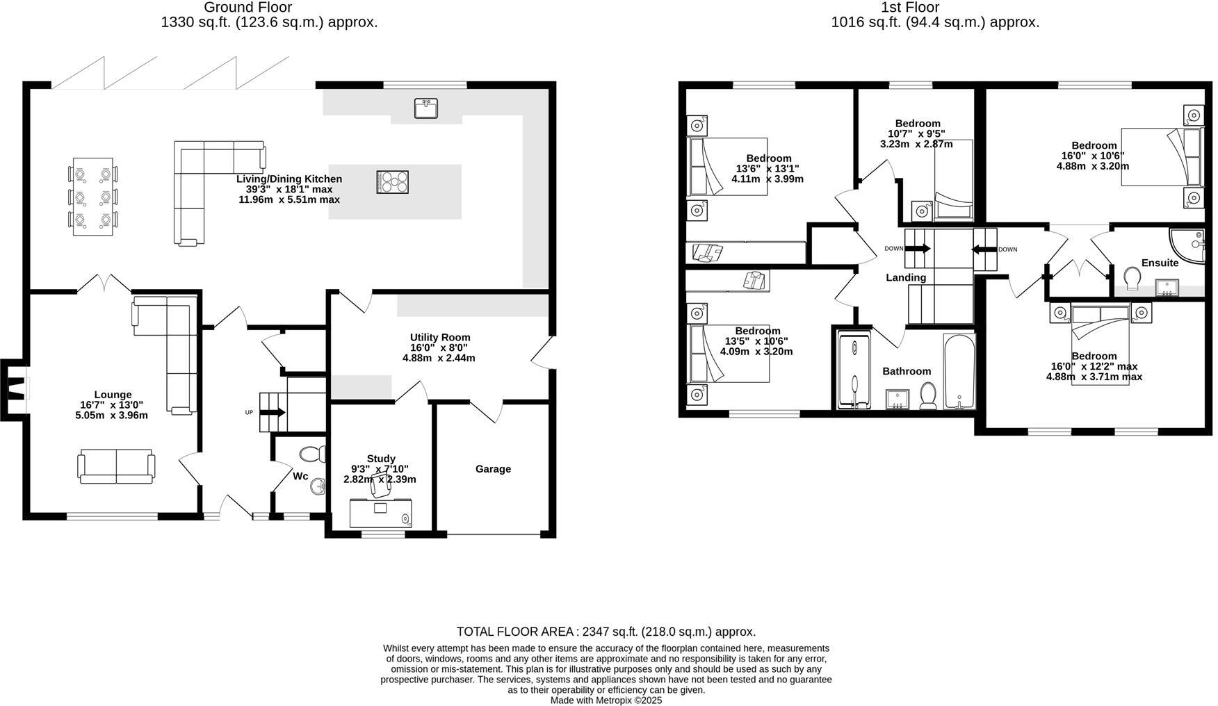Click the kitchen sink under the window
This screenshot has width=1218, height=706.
[x=425, y=109]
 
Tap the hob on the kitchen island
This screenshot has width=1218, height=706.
[x=393, y=182]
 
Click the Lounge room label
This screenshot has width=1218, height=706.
[x=113, y=395]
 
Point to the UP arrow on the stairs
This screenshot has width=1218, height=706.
[x=272, y=412]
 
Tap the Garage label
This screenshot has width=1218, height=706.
[x=493, y=469]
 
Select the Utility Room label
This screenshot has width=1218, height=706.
[x=439, y=338]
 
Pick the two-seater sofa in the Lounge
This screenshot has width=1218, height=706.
[x=116, y=466]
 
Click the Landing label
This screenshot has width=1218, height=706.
[x=906, y=278]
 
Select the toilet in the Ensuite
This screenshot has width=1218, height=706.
[x=1132, y=279]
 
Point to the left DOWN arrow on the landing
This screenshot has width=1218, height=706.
[x=917, y=249]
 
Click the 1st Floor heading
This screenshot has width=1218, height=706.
[x=910, y=8]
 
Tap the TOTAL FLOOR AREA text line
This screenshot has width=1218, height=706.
[x=606, y=632]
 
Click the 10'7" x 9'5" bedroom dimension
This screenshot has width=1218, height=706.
[x=916, y=134]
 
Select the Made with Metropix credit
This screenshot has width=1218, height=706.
[x=606, y=700]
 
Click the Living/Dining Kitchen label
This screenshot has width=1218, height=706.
[x=289, y=179]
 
